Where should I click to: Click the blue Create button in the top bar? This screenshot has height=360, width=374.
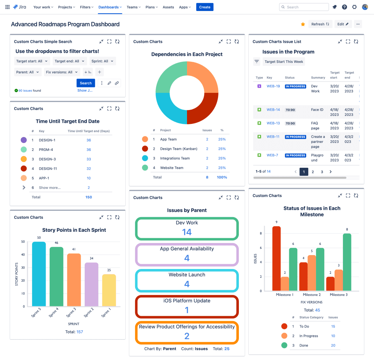click(x=205, y=7)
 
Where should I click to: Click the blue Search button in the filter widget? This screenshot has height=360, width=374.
click(x=85, y=83)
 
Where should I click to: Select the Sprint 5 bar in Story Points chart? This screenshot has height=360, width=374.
click(x=39, y=274)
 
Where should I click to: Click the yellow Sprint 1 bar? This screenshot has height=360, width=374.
click(x=109, y=290)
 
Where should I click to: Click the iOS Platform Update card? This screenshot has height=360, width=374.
click(x=187, y=306)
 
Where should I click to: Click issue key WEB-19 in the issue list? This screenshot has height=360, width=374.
click(x=273, y=86)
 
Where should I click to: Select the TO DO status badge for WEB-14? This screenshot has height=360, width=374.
click(x=290, y=110)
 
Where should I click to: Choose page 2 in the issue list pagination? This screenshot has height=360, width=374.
click(x=313, y=172)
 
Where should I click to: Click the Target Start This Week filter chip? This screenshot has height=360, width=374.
click(x=284, y=62)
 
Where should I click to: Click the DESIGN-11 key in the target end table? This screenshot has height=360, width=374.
click(x=47, y=168)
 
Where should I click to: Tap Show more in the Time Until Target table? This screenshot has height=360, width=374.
click(x=50, y=187)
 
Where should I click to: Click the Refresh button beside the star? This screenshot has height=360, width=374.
click(x=320, y=24)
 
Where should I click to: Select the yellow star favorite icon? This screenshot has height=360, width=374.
click(x=303, y=24)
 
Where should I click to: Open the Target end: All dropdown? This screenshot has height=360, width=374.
click(x=69, y=61)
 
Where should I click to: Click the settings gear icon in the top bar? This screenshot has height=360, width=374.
click(x=354, y=7)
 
